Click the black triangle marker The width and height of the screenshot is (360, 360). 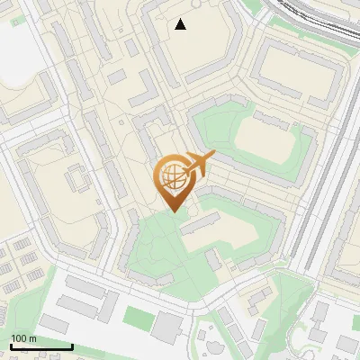[x=181, y=24]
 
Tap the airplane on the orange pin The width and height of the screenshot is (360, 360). [x=200, y=163]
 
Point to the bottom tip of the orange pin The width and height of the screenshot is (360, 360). [x=172, y=212]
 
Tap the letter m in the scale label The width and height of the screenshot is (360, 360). [x=33, y=338]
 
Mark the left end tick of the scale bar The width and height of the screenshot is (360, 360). [x=11, y=346]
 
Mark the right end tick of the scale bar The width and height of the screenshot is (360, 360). [x=72, y=346]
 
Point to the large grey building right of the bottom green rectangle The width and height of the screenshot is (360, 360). [x=166, y=327]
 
